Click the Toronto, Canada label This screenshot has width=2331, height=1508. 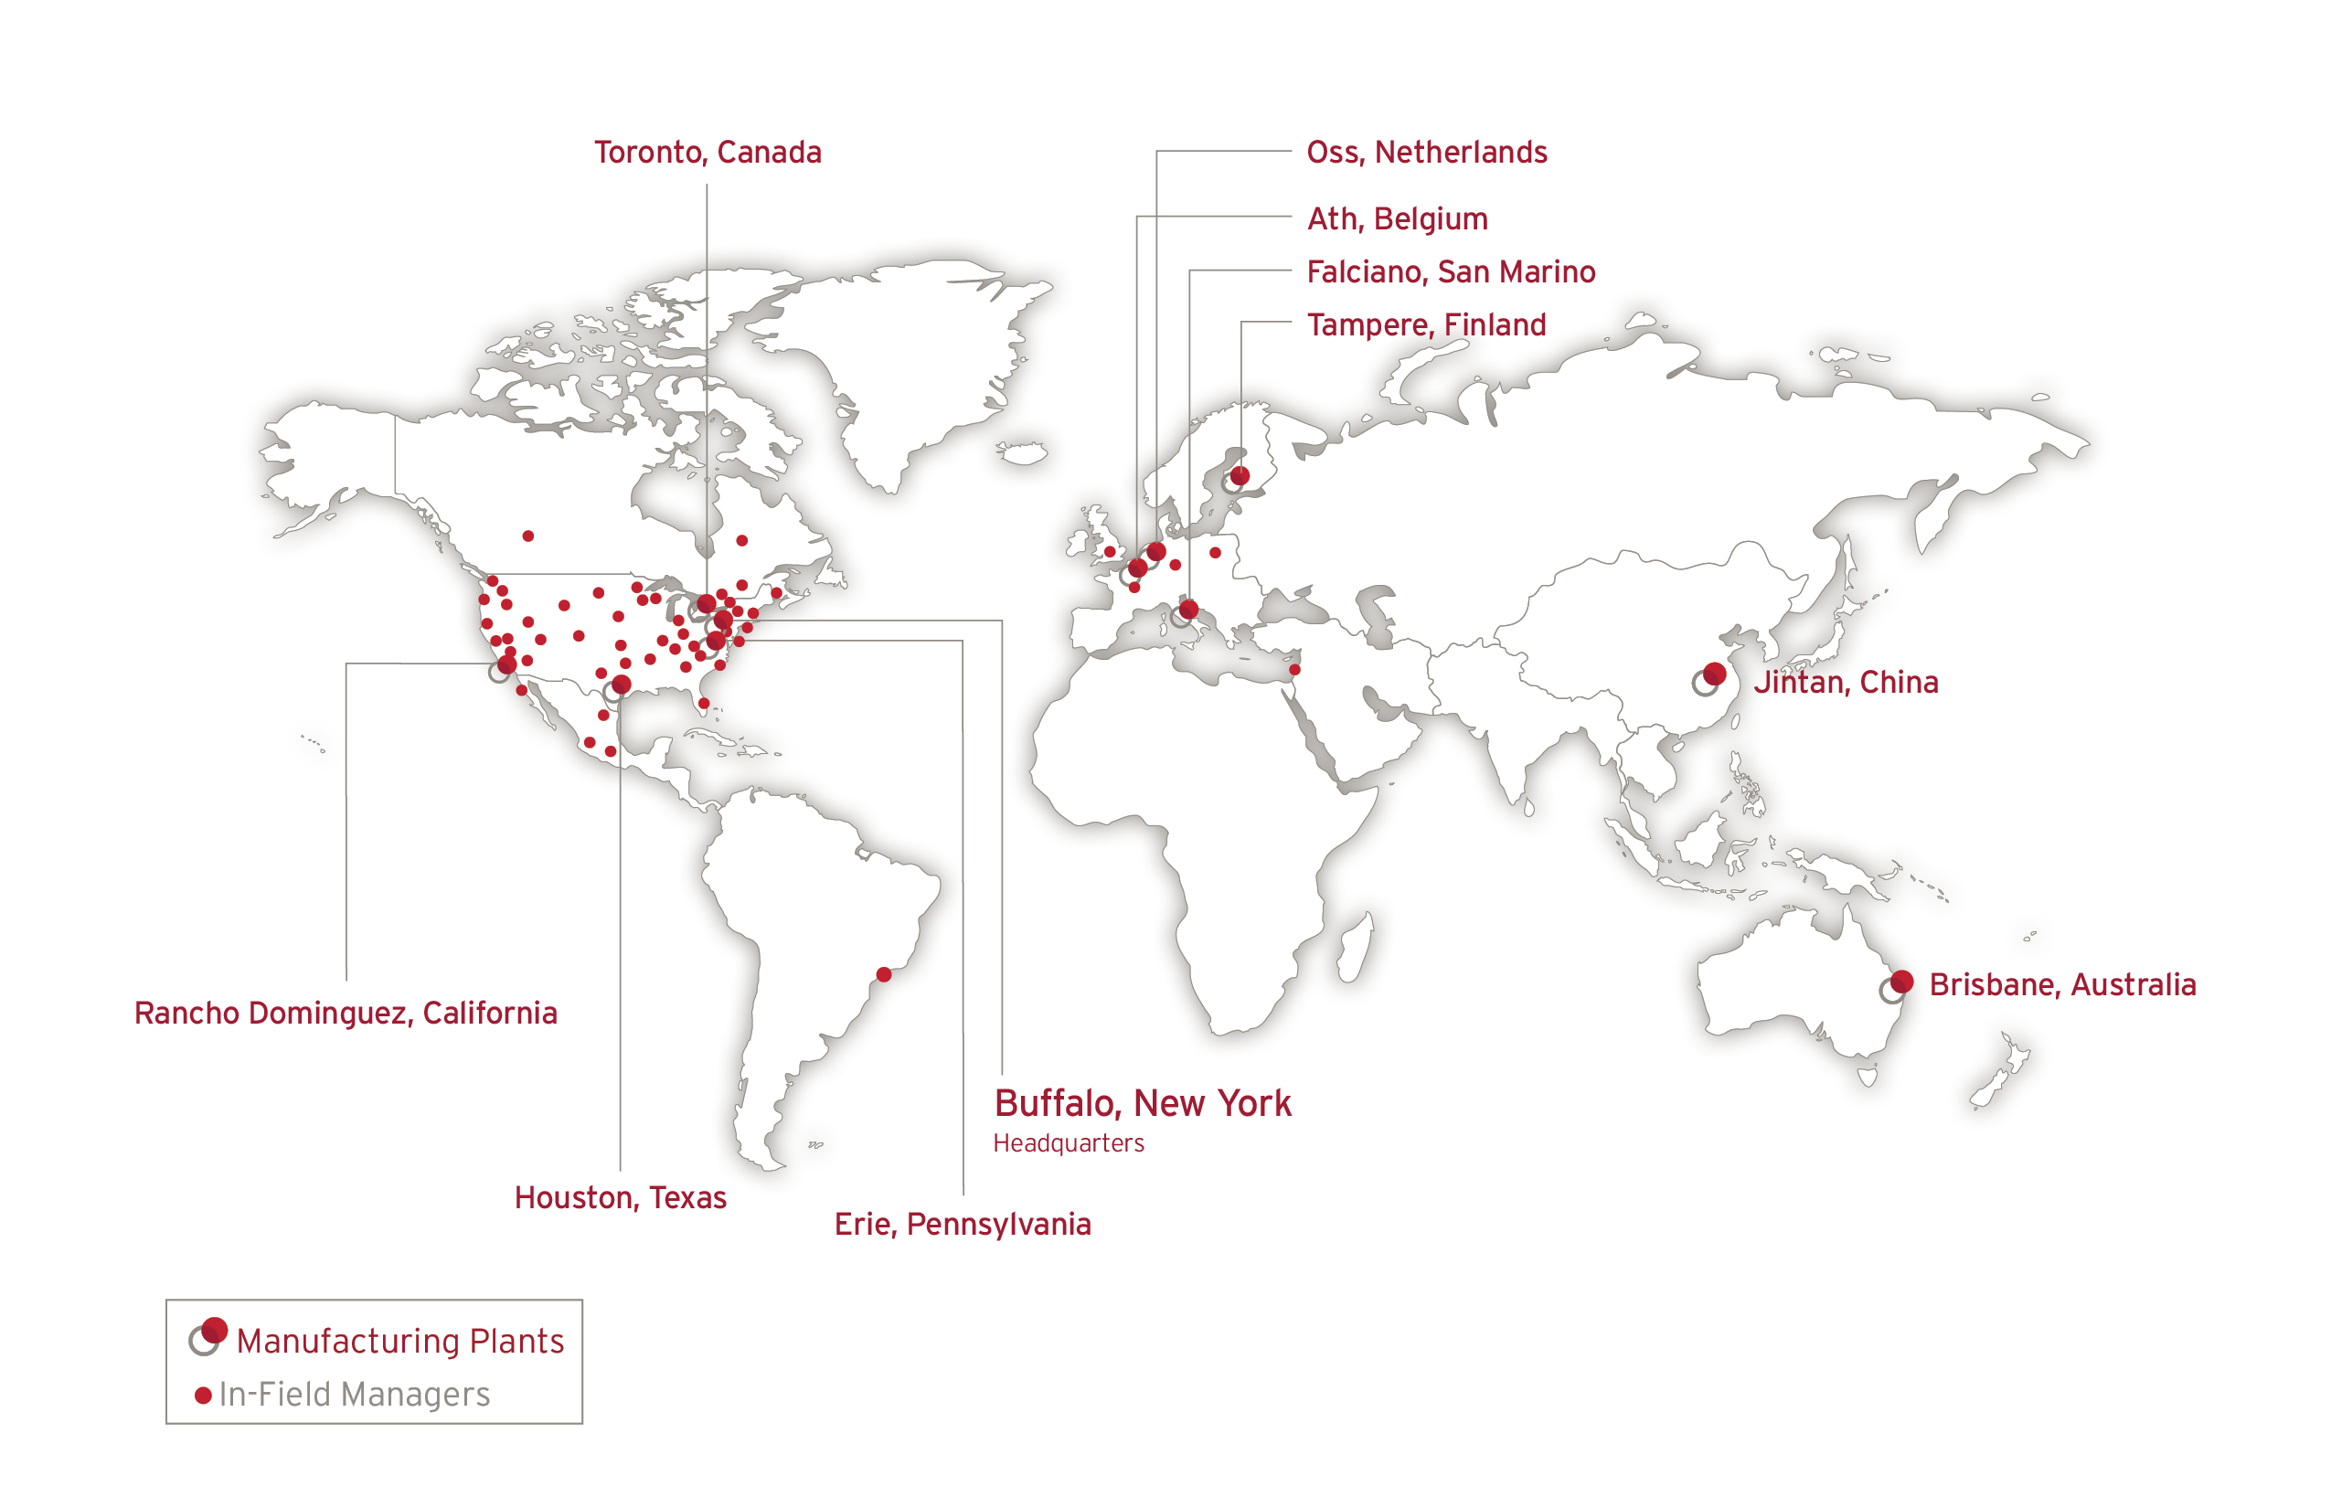[x=708, y=153]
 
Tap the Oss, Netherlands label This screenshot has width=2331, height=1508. [x=1426, y=153]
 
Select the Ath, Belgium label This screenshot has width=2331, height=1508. [x=1397, y=218]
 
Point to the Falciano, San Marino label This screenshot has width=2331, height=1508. [x=1451, y=271]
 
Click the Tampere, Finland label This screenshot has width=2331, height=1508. [x=1426, y=324]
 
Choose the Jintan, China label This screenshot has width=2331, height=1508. [x=1846, y=682]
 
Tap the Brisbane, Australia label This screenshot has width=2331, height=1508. [x=2061, y=984]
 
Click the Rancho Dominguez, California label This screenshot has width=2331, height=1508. [x=346, y=1013]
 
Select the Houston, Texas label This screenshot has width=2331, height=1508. [x=620, y=1197]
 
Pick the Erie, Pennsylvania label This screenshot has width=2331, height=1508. [x=962, y=1224]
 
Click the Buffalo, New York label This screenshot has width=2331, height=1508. [x=1142, y=1104]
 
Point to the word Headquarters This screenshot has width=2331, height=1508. [x=1068, y=1143]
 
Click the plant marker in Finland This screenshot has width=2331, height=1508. [x=1239, y=477]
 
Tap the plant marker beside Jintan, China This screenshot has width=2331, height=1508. [x=1713, y=674]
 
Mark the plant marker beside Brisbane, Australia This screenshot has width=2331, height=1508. [x=1900, y=982]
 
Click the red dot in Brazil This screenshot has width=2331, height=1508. [x=883, y=974]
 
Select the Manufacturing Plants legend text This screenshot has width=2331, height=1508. [x=399, y=1341]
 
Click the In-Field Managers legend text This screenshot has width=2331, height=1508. [x=354, y=1395]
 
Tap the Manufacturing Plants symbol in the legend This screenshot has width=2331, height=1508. [x=208, y=1335]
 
